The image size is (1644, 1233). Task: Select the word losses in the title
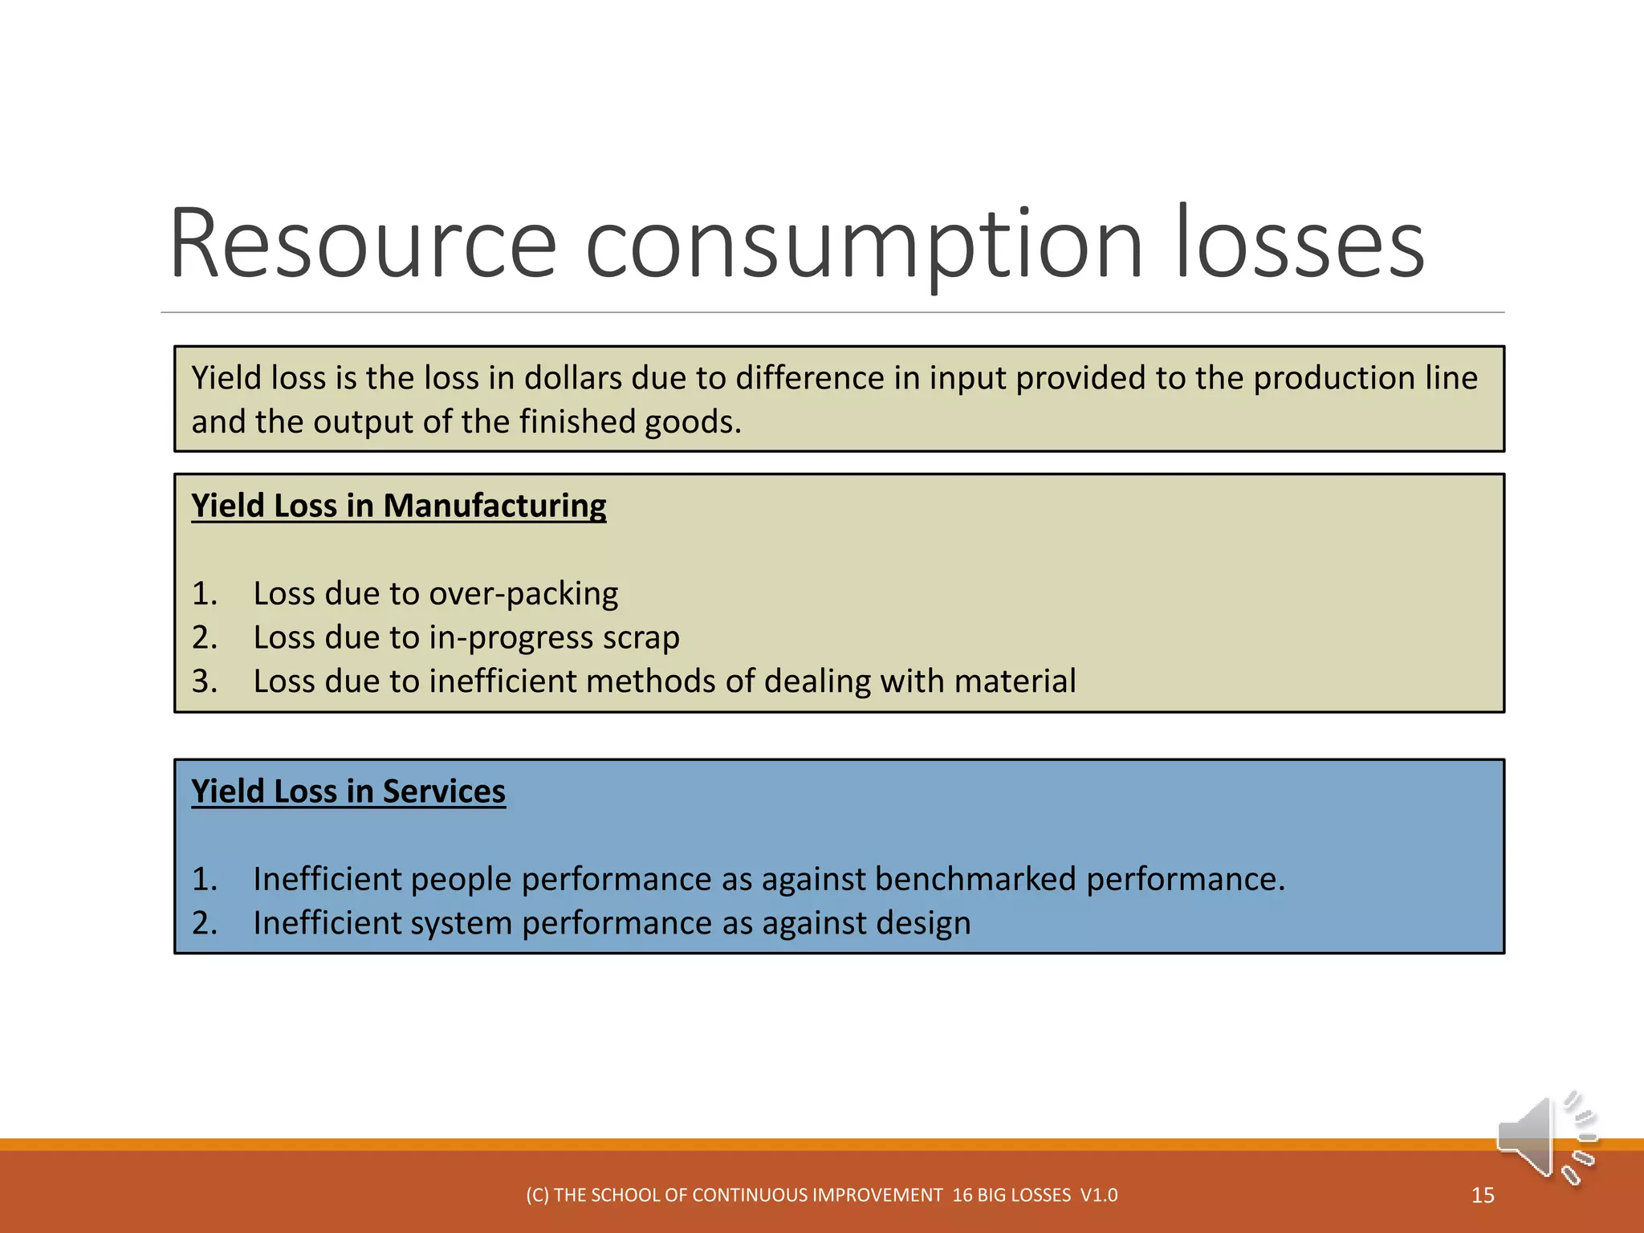1300,244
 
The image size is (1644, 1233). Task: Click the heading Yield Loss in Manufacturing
398,506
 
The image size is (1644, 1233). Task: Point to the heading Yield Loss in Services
348,791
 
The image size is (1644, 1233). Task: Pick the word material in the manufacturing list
1015,682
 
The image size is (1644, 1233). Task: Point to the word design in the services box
923,924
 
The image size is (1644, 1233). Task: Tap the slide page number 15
1483,1195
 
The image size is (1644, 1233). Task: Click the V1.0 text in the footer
1099,1195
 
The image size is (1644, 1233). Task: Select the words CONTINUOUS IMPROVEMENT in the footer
817,1195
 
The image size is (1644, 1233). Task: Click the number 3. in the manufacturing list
205,682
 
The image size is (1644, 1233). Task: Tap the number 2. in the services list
205,924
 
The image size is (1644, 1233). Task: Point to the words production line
1365,378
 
